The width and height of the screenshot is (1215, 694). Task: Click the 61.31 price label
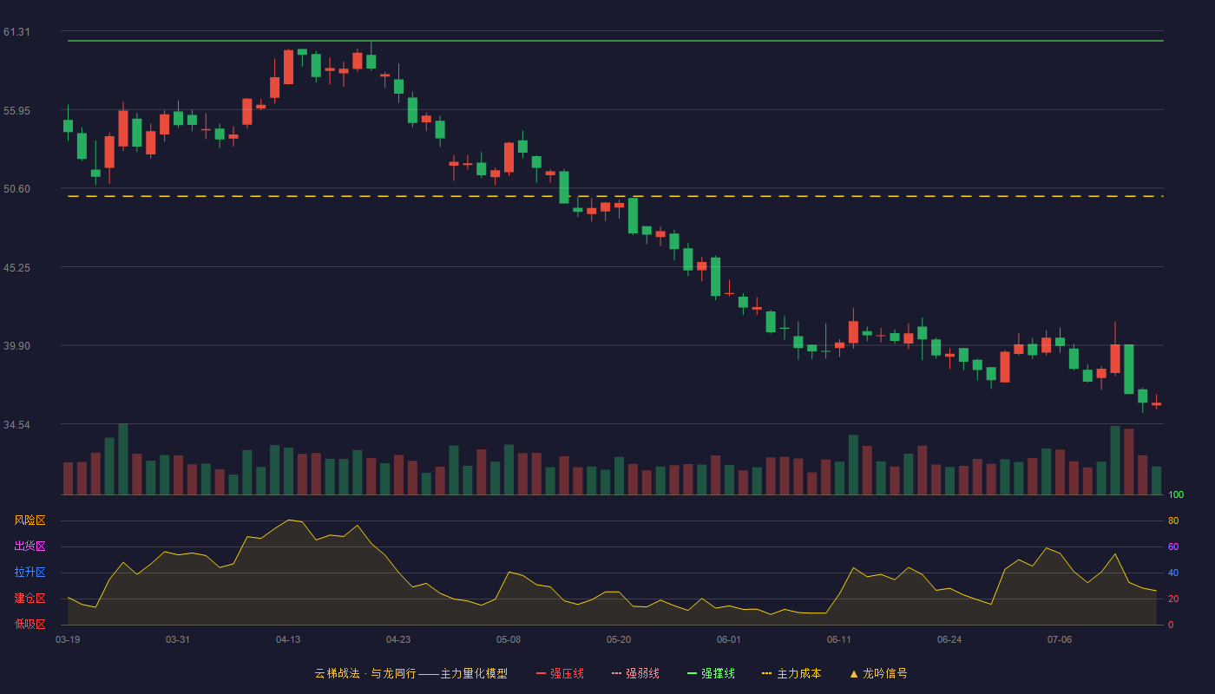16,32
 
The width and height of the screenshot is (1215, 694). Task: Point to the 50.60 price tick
16,189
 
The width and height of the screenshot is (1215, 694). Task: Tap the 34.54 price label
16,425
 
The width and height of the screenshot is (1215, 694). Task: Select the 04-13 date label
288,640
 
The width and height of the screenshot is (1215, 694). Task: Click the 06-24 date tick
949,640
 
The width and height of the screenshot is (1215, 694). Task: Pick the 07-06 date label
1060,640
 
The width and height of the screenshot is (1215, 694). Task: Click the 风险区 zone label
30,520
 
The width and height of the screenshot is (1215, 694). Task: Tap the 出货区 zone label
30,547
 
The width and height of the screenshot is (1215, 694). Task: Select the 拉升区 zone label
30,573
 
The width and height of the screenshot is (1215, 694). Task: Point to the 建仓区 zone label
30,599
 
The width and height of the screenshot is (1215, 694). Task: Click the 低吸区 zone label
30,625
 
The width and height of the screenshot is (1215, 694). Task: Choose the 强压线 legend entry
560,674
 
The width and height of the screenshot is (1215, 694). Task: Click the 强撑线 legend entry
711,674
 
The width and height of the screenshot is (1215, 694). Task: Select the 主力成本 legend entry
791,674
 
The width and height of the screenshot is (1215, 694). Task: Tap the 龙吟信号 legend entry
878,674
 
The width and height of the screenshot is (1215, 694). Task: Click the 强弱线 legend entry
635,674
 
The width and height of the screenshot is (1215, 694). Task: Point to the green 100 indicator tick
1176,495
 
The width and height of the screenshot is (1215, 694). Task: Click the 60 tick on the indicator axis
1173,547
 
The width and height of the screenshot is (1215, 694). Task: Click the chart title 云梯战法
337,674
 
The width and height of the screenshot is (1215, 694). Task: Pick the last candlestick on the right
1156,404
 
